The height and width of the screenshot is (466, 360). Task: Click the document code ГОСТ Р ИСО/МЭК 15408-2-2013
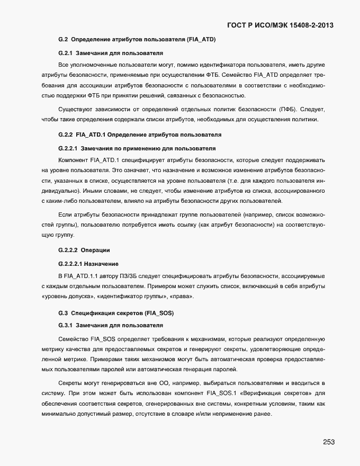(280, 25)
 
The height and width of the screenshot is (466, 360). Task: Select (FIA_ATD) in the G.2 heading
(201, 40)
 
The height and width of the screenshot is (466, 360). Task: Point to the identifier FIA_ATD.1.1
(80, 276)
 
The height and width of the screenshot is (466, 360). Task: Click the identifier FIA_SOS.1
(221, 393)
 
